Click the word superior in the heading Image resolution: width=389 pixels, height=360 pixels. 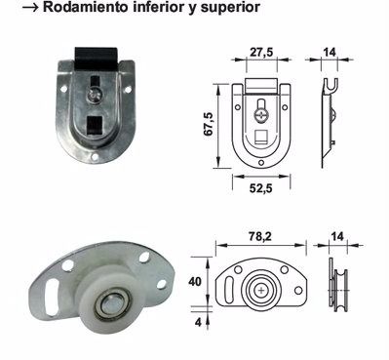coord(230,8)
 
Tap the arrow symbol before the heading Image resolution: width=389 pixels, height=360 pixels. coord(31,8)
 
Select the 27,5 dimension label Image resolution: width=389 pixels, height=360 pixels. coord(261,52)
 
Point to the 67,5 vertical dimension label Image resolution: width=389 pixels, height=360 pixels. coord(209,124)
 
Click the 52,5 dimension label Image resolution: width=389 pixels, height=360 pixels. coord(261,188)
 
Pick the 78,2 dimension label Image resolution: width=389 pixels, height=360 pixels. coord(260,236)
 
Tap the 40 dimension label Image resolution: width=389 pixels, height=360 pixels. coord(195,282)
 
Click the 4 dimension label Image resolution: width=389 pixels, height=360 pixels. coord(198,322)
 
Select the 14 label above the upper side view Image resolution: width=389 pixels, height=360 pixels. coord(330,52)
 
